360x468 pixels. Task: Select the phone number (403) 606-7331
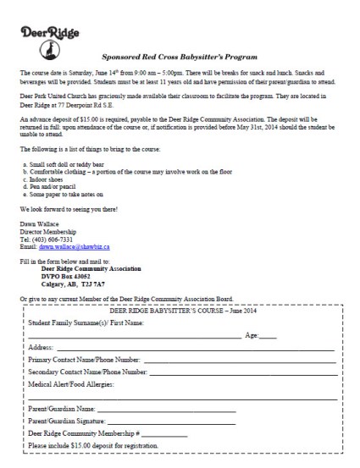pyautogui.click(x=58, y=239)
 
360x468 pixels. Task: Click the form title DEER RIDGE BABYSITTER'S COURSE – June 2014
pyautogui.click(x=180, y=312)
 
